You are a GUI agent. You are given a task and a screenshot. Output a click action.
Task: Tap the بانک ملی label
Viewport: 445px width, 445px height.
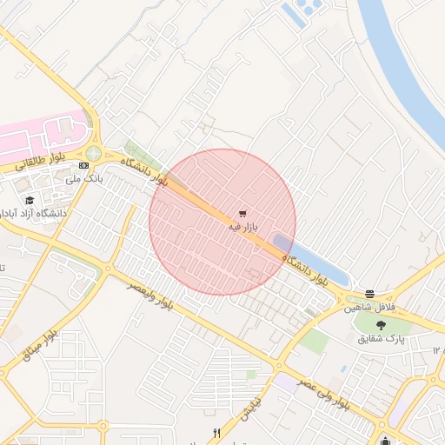point(85,179)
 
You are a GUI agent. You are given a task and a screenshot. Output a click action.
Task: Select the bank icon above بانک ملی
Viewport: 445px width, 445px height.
point(83,165)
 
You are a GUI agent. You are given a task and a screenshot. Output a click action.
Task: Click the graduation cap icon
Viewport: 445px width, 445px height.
point(30,200)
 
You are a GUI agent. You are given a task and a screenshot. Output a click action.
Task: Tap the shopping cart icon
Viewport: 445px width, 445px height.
point(242,212)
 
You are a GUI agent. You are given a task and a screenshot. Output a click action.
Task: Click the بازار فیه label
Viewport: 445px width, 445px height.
point(244,226)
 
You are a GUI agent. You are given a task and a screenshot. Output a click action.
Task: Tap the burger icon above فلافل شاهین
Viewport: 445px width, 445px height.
point(370,294)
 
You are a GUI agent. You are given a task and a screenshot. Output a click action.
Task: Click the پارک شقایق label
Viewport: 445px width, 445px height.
point(382,337)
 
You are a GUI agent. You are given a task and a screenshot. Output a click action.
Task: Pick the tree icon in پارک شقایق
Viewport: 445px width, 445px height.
point(382,324)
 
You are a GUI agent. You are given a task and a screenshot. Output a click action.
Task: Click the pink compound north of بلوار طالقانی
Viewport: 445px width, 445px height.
point(43,135)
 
